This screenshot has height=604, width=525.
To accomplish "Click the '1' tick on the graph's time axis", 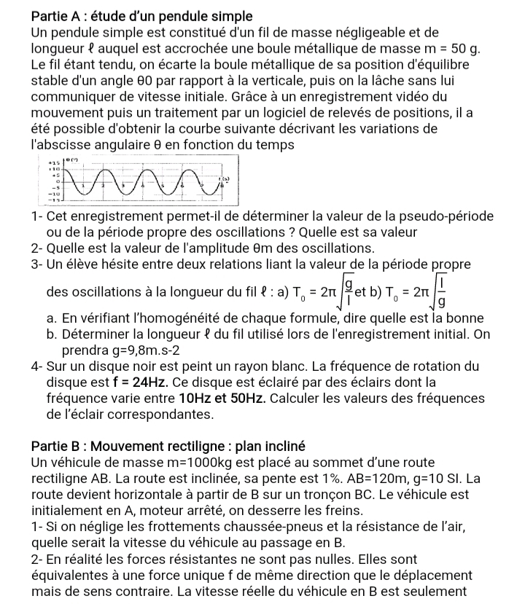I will click(x=82, y=187).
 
